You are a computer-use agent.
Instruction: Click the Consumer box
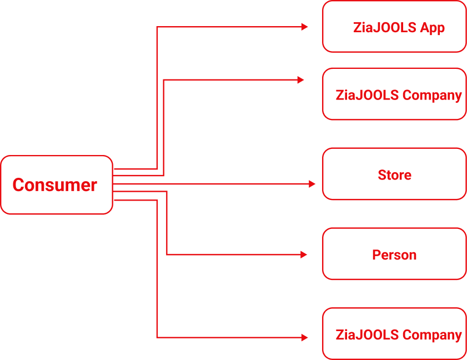56,185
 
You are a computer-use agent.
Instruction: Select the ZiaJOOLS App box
394,27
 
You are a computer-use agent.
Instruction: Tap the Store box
394,174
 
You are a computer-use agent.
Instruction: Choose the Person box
394,255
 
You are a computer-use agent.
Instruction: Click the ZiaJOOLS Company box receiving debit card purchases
394,94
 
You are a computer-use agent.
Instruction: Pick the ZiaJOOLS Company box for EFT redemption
394,334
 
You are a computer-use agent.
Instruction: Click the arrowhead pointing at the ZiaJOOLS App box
304,27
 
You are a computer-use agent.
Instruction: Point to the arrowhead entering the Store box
312,184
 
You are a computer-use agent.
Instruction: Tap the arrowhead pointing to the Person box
304,254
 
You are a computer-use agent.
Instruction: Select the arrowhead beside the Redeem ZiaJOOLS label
304,337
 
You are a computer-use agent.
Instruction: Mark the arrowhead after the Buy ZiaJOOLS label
300,80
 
